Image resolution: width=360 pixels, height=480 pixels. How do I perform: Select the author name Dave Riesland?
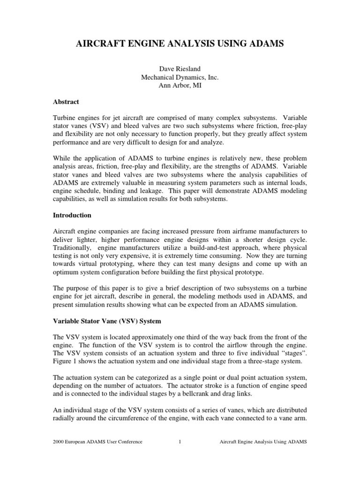tap(180, 70)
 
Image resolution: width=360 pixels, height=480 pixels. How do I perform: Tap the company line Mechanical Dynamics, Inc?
tap(180, 79)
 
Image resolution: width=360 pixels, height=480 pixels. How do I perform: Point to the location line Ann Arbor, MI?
tap(180, 87)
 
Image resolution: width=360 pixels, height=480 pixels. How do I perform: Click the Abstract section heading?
tap(66, 102)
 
